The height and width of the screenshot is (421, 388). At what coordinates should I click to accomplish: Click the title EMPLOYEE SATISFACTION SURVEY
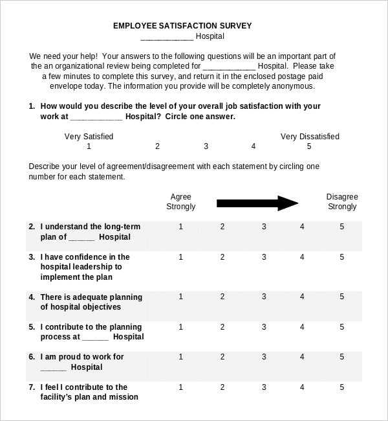182,26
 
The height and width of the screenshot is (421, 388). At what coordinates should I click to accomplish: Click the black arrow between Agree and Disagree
257,203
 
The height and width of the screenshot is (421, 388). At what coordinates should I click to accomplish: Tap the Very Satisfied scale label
89,137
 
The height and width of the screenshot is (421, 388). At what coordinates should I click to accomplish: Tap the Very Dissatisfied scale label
309,137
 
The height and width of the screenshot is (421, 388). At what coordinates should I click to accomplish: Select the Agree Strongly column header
180,201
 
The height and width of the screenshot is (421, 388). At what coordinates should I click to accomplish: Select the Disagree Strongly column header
341,201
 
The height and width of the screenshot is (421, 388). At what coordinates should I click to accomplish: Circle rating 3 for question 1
206,146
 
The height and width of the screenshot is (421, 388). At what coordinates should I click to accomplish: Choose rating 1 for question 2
180,227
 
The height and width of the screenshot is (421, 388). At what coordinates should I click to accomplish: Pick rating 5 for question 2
341,227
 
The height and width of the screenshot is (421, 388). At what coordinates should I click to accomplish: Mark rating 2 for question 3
222,257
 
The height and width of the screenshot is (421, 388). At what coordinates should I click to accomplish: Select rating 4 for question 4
301,297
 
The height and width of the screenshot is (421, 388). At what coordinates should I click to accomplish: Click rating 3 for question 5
263,327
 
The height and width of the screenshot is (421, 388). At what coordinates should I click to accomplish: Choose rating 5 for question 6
341,357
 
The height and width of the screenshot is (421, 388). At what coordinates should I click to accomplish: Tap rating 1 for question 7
180,387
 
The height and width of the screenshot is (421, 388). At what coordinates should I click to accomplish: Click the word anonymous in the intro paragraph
292,85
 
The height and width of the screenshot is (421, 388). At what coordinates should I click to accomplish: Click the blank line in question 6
53,368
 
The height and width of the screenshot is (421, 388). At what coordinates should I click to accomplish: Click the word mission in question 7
124,397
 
